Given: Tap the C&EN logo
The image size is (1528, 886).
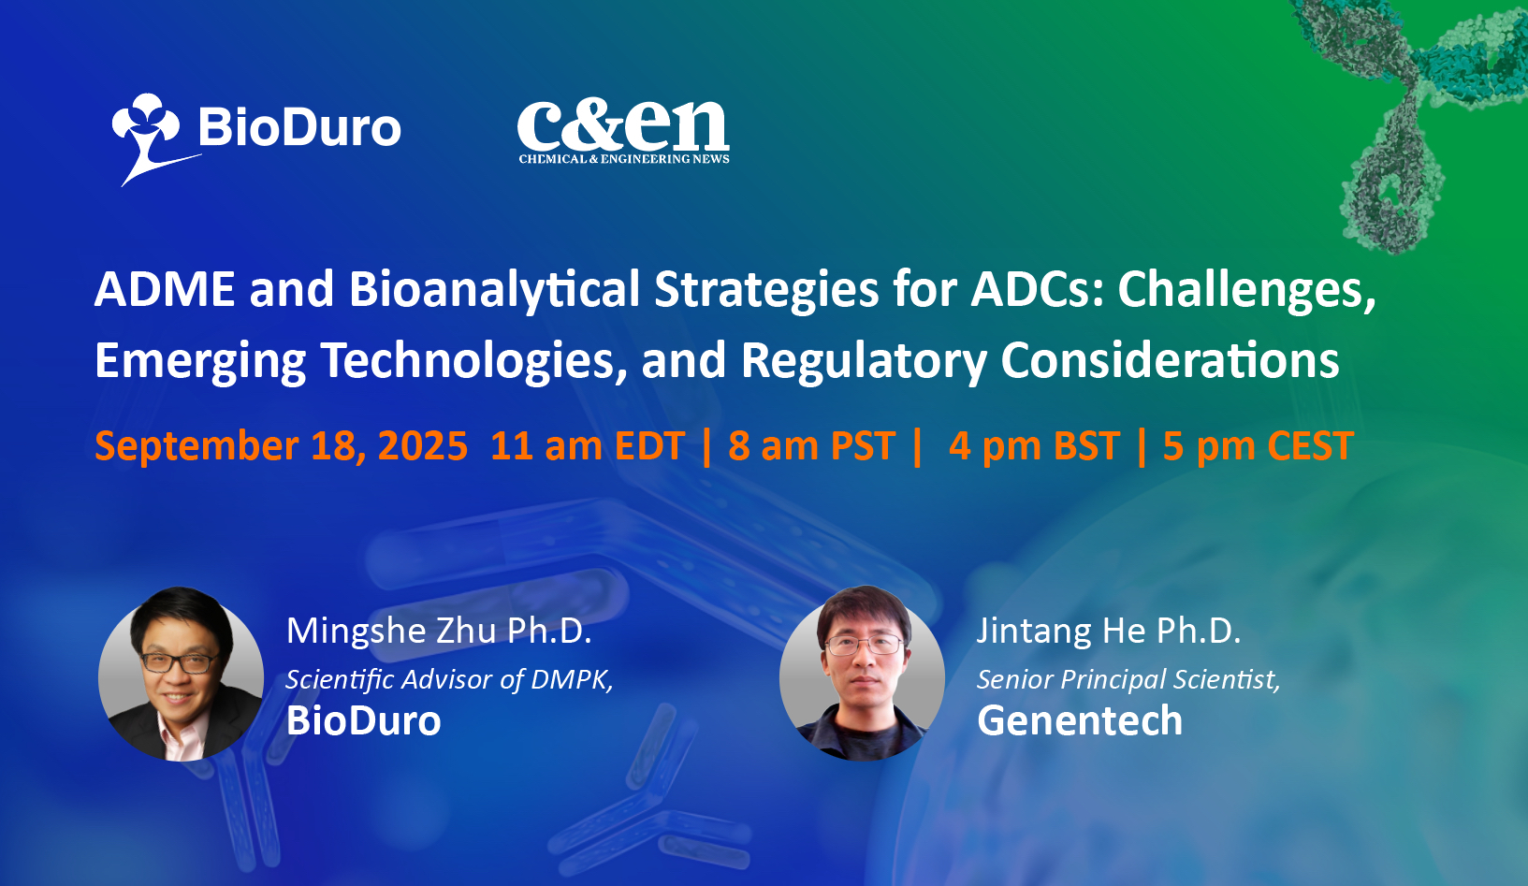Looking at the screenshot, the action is [623, 132].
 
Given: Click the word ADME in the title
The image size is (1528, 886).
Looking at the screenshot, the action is [165, 289].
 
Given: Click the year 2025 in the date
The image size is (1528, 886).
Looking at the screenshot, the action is [423, 446].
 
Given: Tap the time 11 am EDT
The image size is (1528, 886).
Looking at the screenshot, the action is [588, 446].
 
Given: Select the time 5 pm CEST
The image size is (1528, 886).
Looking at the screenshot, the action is [1258, 446].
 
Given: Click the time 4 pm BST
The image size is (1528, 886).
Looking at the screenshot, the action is [1034, 446].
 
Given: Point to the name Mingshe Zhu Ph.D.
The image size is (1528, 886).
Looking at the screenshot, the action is [439, 631].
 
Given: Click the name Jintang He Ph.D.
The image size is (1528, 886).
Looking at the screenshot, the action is [1109, 631].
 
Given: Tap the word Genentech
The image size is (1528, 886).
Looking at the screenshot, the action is [1080, 721].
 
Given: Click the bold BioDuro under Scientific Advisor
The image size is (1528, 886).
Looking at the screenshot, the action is [364, 721].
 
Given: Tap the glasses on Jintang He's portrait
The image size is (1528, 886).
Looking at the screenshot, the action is [864, 644].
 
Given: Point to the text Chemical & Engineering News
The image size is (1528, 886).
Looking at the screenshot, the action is [624, 159].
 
